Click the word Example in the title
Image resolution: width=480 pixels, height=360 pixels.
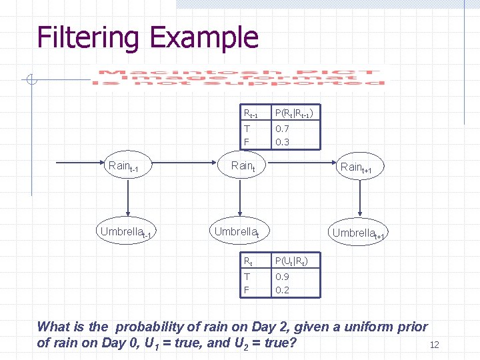click(x=203, y=37)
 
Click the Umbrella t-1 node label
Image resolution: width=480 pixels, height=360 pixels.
click(x=127, y=233)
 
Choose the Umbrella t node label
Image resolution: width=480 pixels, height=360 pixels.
click(x=237, y=233)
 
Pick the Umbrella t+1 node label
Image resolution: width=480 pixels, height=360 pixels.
click(x=359, y=233)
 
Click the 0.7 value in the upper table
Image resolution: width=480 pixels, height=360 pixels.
click(x=282, y=129)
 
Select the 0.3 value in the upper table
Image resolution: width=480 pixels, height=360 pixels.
click(x=282, y=141)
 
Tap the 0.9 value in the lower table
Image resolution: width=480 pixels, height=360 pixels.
click(x=282, y=277)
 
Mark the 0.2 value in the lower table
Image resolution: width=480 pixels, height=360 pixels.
click(x=282, y=289)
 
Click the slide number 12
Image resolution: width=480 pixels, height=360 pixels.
click(x=435, y=345)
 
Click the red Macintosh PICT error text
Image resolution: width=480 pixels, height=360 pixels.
click(x=239, y=77)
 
